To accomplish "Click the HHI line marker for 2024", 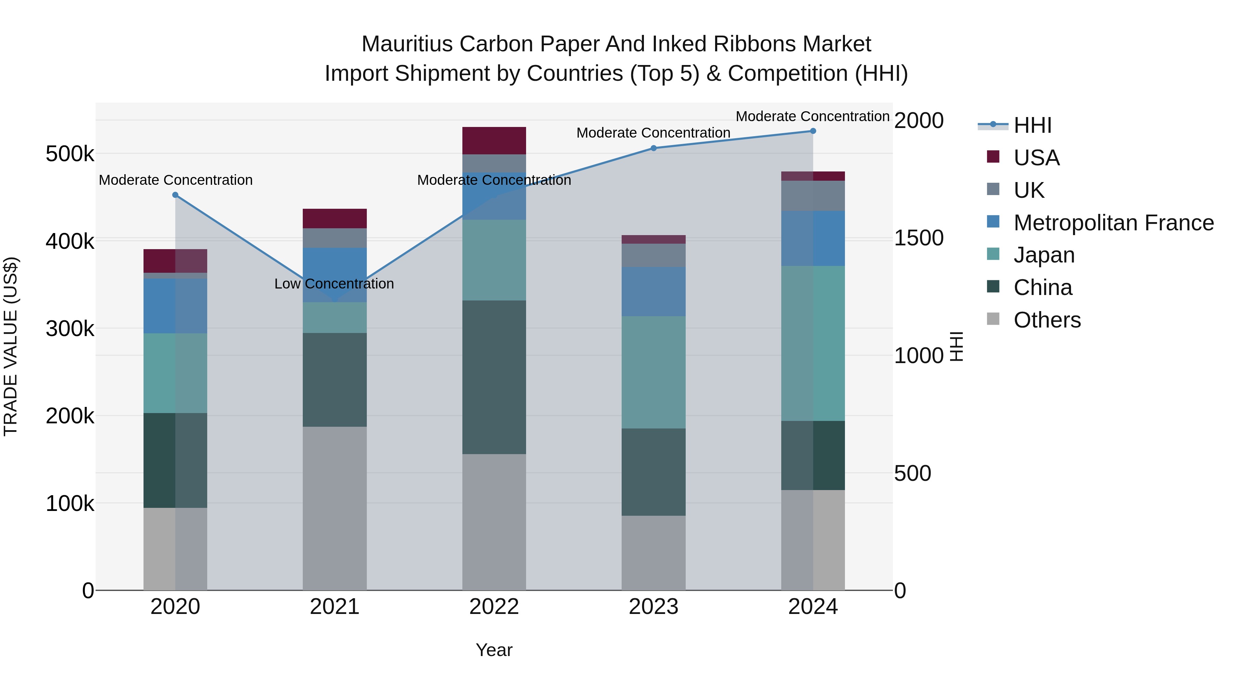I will point(813,131).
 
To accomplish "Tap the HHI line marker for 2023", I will point(653,148).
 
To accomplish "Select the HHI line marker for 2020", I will point(175,195).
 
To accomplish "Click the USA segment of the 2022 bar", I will point(494,141).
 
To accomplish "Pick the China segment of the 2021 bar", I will point(335,380).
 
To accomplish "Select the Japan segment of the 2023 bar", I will point(653,372).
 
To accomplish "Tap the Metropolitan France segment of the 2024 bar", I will point(813,238).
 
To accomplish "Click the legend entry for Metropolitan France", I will point(1113,223).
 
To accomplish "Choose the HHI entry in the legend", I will point(1032,125).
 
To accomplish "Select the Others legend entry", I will point(1047,320).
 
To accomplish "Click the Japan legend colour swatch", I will point(993,254).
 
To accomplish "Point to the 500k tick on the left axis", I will point(70,154).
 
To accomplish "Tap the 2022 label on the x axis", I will point(494,607).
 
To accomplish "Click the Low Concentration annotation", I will point(334,284).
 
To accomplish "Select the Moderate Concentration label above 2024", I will point(812,116).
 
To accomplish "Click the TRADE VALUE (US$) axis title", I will point(11,346).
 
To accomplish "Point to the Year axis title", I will point(494,650).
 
